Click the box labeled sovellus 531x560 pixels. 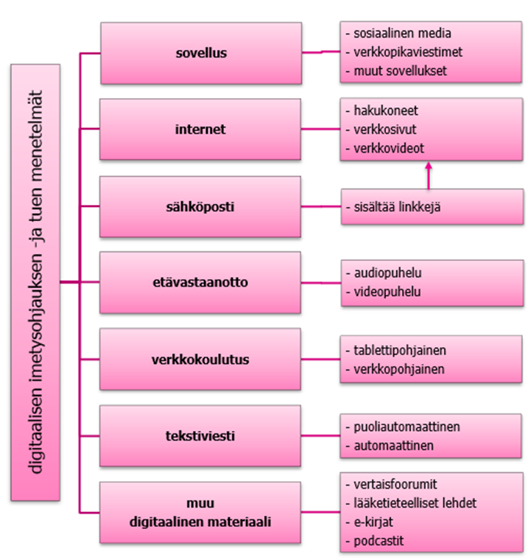[200, 53]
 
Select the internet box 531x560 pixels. [200, 130]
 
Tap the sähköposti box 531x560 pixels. [200, 206]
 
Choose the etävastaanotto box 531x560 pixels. [200, 283]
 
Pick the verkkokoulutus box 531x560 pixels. [200, 360]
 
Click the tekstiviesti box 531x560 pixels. [200, 436]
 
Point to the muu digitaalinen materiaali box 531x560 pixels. [200, 513]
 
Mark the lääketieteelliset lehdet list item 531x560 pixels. [415, 503]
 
